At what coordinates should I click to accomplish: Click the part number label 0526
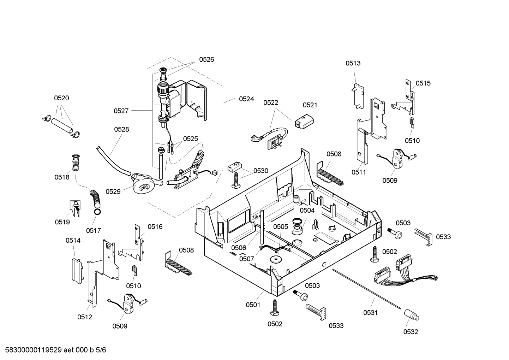(206, 60)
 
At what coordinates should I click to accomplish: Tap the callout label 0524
(246, 99)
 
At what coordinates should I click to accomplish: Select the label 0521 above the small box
(310, 105)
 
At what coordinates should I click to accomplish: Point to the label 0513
(353, 63)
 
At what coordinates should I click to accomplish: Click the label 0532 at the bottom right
(411, 332)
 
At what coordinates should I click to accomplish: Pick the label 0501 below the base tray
(253, 305)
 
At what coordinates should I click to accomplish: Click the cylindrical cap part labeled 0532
(411, 314)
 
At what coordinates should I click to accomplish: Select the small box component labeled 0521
(304, 121)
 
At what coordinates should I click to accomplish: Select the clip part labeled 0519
(75, 208)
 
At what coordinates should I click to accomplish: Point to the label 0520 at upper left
(61, 98)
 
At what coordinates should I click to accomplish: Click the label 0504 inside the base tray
(307, 211)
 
